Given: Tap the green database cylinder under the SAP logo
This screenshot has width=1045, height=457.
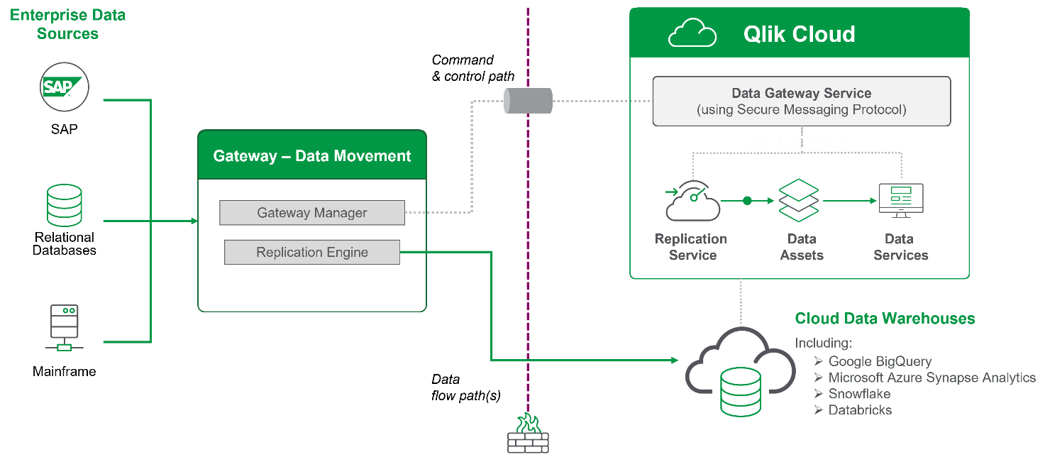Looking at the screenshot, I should point(65,205).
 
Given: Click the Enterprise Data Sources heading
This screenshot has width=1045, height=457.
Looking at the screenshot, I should point(67,24).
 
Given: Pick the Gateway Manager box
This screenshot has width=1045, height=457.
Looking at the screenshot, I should point(312,213).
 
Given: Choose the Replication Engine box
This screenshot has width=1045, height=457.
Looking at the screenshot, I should point(312,252).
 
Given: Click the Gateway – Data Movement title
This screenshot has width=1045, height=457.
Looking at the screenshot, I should point(312,155).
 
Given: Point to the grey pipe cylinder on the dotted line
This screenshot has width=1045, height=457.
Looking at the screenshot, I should point(528,101).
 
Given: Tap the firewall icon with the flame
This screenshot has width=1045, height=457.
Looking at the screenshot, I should point(528,434).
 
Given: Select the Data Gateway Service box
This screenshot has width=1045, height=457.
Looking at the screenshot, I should point(801,101).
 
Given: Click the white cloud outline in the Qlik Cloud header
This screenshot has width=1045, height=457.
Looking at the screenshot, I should point(692,33).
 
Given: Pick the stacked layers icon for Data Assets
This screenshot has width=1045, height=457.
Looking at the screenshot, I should point(799,201).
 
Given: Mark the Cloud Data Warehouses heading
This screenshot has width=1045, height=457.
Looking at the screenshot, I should point(885,319).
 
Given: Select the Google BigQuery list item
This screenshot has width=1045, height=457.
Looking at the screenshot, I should point(880,361).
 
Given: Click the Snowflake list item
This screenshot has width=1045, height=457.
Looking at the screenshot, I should point(859,394).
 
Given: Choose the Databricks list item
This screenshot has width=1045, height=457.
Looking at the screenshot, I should point(860,410).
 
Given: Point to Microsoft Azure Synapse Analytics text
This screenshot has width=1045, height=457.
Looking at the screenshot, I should point(931,378).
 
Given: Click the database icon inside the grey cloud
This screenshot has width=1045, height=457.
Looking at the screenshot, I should point(740,391).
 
